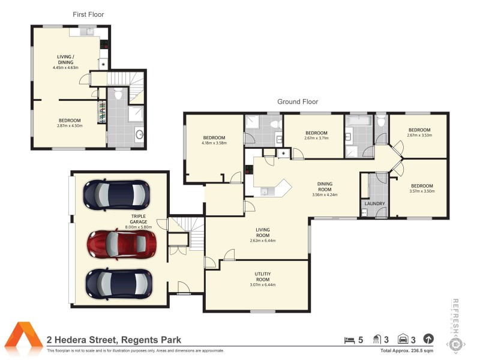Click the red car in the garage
pos(122,243)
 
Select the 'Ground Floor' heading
pos(297,101)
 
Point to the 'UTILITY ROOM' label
pos(263,277)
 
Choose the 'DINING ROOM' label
pos(325,187)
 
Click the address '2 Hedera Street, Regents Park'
pos(114,340)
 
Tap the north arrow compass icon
pos(428,340)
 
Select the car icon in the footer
pos(402,340)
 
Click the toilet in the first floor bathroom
pos(118,94)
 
